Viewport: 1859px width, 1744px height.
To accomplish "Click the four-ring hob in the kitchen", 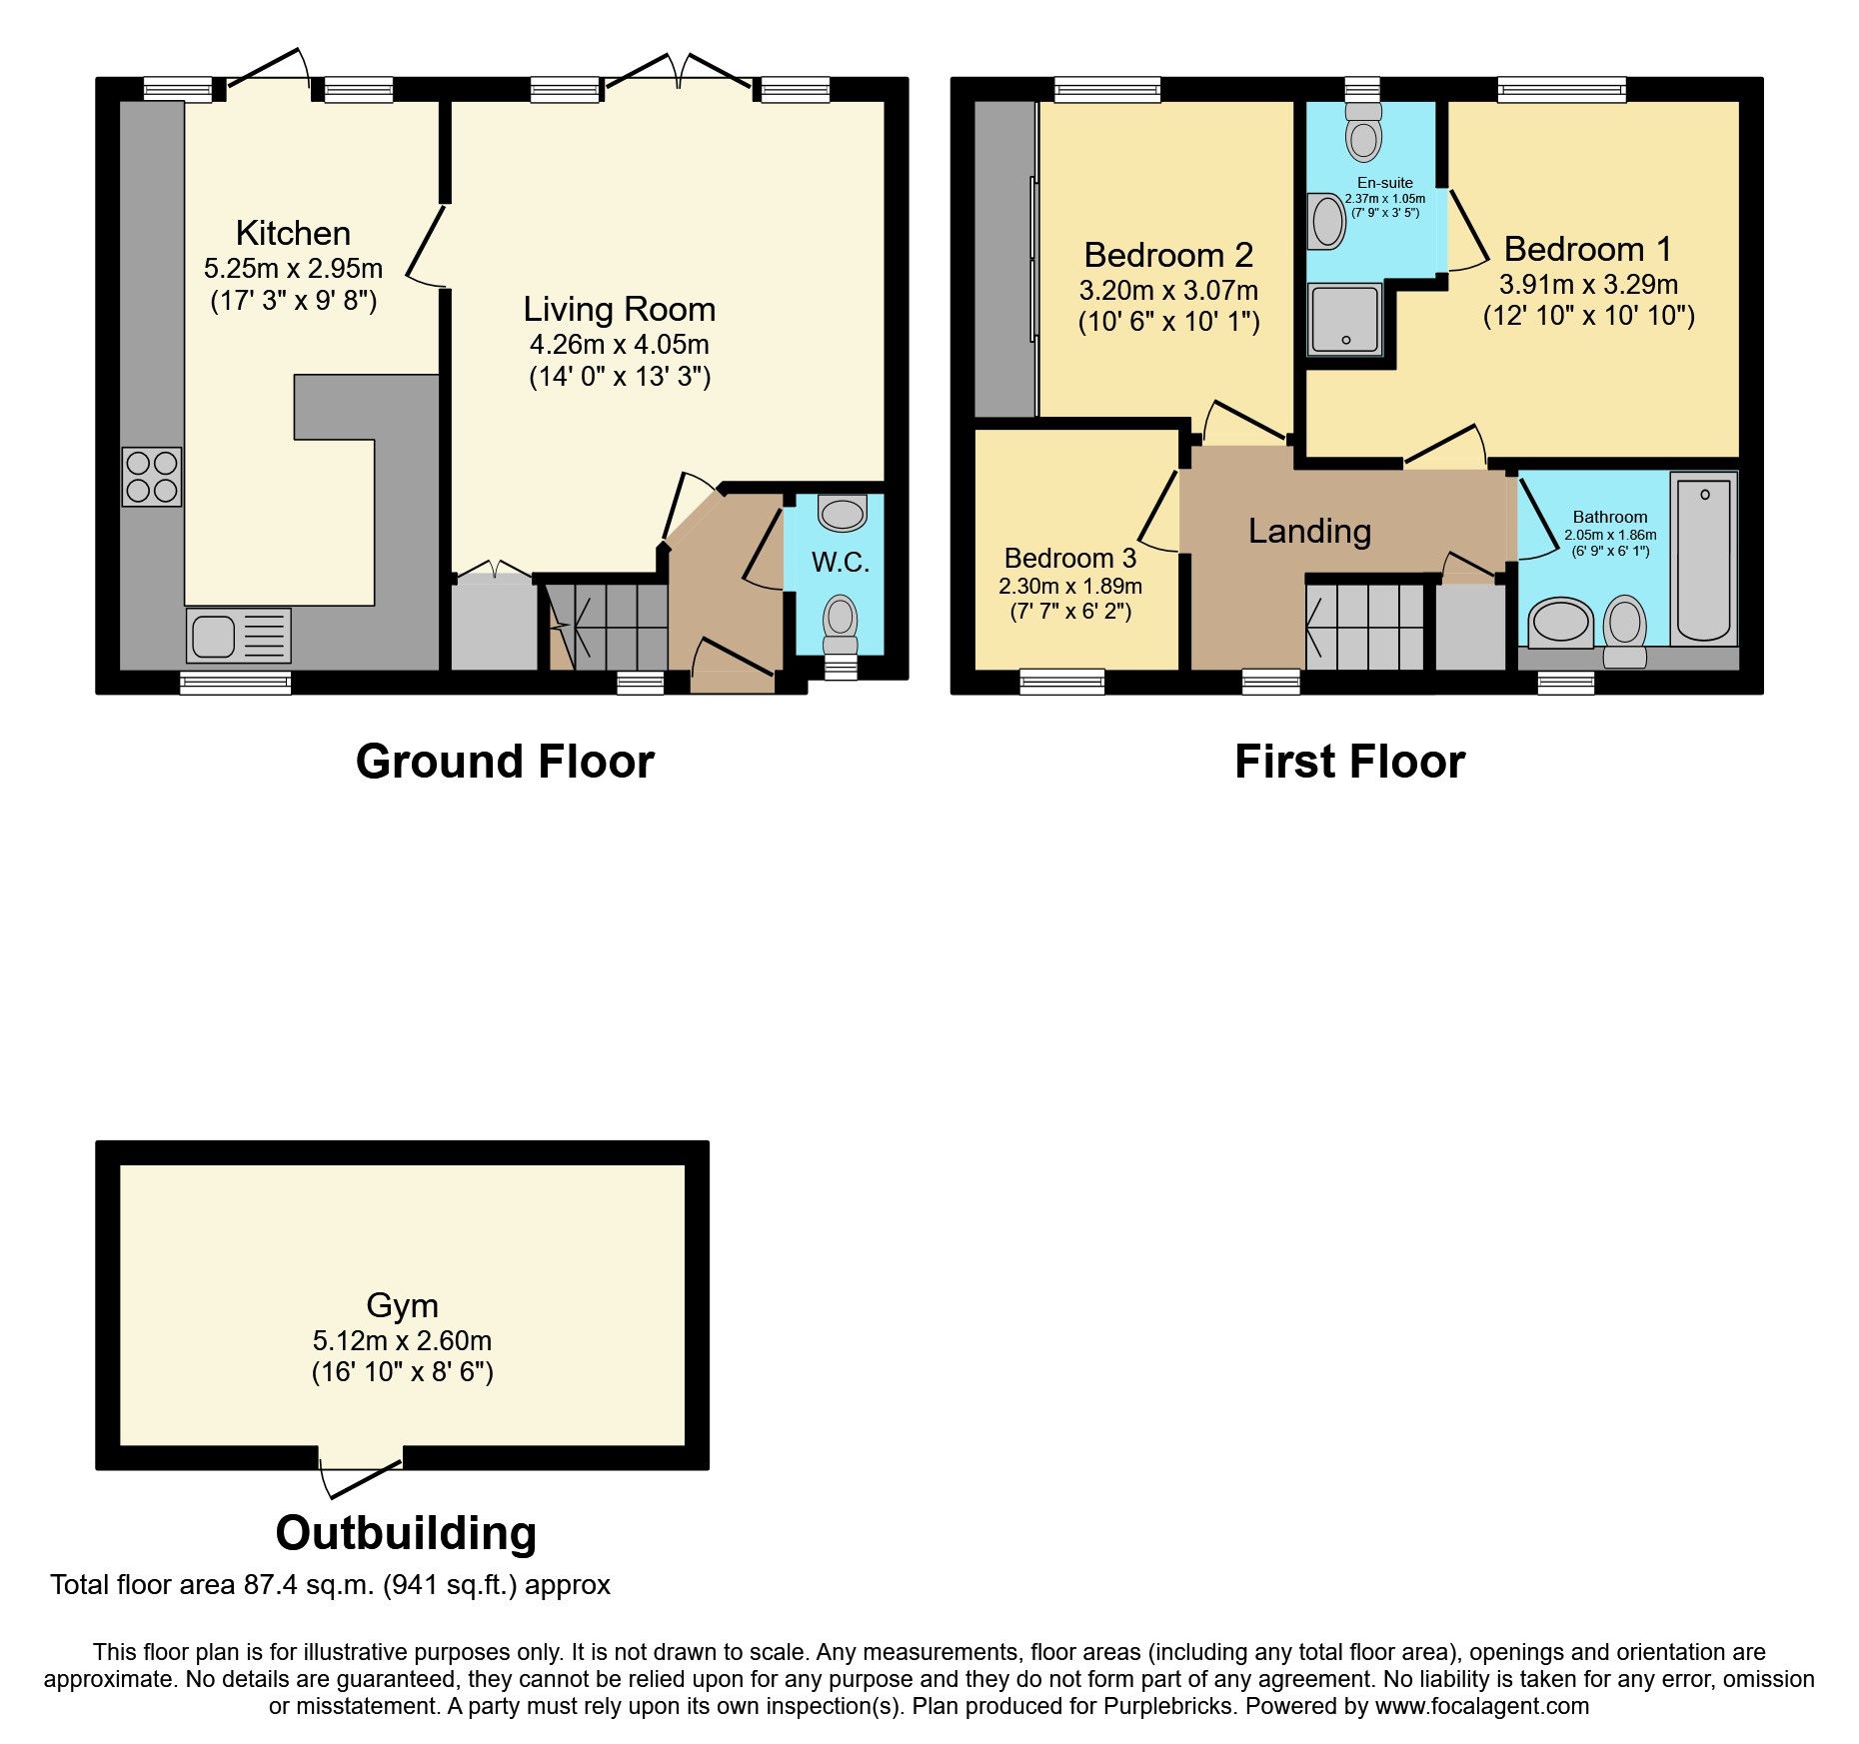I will coord(152,477).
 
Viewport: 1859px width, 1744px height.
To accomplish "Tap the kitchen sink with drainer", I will coord(238,636).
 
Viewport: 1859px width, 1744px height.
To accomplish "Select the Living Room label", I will coord(619,309).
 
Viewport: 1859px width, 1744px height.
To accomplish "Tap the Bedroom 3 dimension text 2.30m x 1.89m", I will coord(1069,587).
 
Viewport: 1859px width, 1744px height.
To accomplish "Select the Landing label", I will coord(1309,531).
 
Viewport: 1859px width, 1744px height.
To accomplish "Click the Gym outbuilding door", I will coord(360,1474).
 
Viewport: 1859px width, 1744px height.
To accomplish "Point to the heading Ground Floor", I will coord(505,762).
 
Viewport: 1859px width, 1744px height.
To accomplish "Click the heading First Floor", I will coord(1349,762).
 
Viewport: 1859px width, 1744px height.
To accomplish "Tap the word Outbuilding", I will coord(406,1532).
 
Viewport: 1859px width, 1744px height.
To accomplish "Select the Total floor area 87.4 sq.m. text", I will coord(330,1585).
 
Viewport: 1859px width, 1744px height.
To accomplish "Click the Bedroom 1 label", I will coord(1587,249).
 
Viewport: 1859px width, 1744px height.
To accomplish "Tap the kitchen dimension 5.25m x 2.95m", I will coord(293,268).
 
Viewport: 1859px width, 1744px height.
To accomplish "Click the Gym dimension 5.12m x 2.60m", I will coord(402,1340).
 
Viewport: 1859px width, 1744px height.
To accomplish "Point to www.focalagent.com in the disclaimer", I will coord(1481,1706).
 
